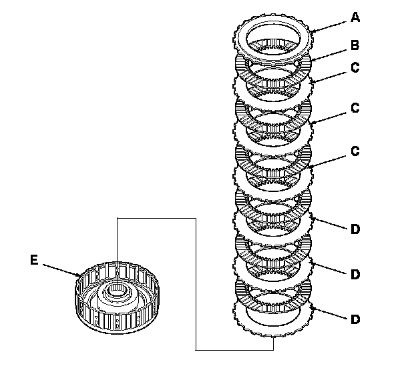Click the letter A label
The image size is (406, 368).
[355, 18]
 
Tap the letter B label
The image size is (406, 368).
[355, 46]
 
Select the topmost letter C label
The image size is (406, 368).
[355, 68]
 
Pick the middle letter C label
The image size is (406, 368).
[355, 107]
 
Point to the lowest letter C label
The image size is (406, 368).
[355, 151]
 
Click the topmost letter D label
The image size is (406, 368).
[355, 229]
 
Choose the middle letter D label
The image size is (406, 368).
[355, 273]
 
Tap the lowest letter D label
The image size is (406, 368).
[355, 319]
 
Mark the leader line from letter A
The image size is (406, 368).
[330, 24]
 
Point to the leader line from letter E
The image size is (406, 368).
[60, 268]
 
